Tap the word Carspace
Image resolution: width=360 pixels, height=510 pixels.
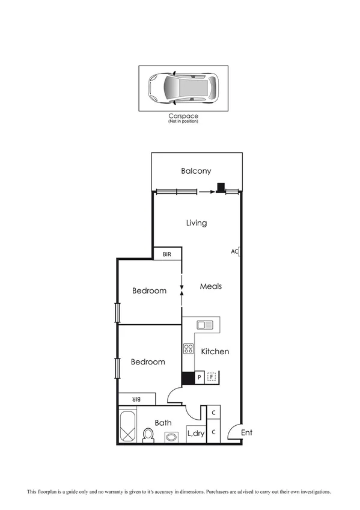[x=183, y=116]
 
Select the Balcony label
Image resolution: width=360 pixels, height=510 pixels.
[x=196, y=171]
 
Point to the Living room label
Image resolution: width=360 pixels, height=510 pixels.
[x=196, y=223]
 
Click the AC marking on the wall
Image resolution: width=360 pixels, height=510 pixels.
[x=235, y=251]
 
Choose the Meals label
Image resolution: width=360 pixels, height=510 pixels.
[x=210, y=286]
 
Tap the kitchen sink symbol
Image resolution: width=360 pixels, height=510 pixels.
[x=205, y=325]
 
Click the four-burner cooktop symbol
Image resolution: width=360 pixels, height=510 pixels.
[x=188, y=348]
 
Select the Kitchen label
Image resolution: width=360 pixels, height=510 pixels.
[x=215, y=351]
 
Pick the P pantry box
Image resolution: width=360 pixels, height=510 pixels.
[x=200, y=378]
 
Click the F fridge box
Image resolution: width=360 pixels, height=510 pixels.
[x=211, y=378]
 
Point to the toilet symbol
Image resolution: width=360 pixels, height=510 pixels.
[x=148, y=434]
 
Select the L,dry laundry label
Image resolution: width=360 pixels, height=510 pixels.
[x=195, y=432]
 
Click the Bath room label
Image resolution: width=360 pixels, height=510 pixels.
[x=163, y=423]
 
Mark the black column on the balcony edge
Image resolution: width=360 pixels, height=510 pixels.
[x=221, y=188]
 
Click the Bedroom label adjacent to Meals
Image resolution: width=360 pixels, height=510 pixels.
[x=149, y=291]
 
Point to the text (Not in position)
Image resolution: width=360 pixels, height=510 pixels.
[x=183, y=121]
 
